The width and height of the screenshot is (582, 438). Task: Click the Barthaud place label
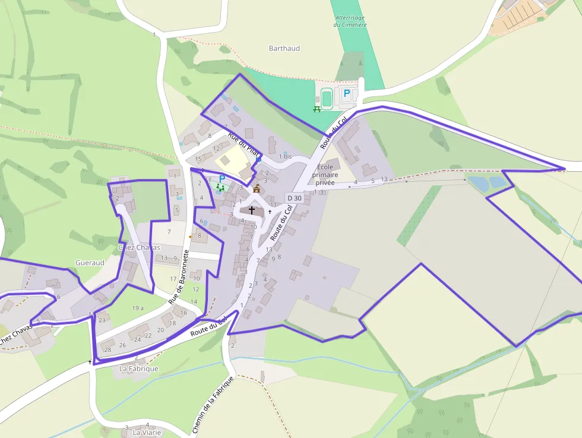[x=284, y=48]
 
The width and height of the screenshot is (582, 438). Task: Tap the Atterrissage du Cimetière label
[x=350, y=21]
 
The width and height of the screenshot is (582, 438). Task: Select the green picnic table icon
[x=317, y=109]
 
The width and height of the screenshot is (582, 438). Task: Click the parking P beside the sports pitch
[x=347, y=93]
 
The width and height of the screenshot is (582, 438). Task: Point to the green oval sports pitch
[x=327, y=96]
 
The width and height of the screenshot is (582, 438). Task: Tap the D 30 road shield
[x=293, y=198]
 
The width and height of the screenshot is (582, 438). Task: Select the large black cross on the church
[x=252, y=210]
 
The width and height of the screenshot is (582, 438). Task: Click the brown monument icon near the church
[x=257, y=188]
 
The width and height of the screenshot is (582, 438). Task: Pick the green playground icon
[x=220, y=188]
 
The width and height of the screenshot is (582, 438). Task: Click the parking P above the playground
[x=222, y=178]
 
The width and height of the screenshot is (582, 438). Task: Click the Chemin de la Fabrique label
[x=213, y=404]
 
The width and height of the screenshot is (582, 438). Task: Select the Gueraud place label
[x=90, y=263]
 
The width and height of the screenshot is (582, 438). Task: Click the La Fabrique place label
[x=139, y=368]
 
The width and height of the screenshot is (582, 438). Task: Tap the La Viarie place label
[x=147, y=433]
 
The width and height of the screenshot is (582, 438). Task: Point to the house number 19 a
[x=138, y=308]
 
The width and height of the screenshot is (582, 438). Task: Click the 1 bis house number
[x=285, y=156]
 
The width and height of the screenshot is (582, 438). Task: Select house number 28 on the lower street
[x=107, y=349]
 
